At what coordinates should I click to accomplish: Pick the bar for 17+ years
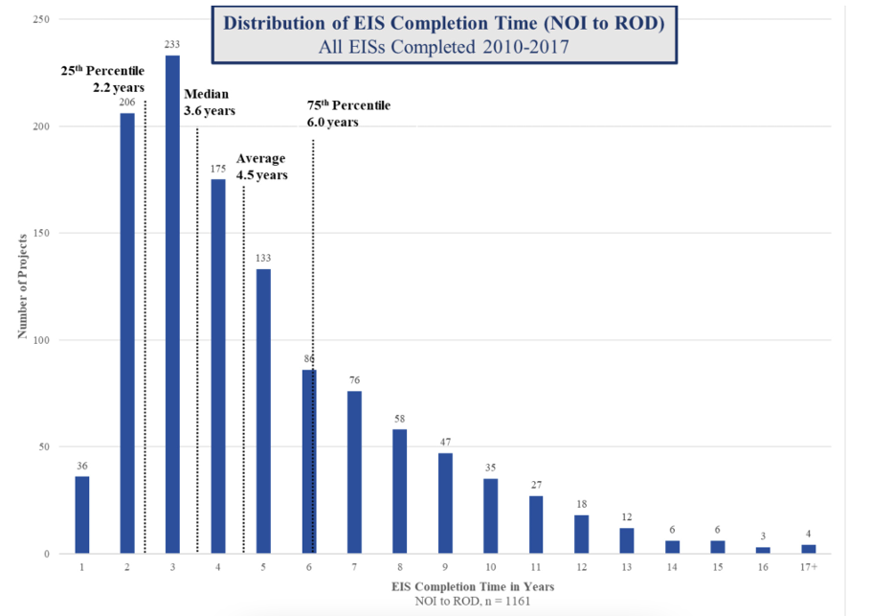tap(808, 549)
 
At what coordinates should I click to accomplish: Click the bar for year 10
tap(490, 516)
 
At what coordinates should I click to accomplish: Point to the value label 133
tap(263, 259)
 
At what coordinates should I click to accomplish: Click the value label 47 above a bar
tap(445, 443)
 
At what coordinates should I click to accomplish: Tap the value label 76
tap(354, 380)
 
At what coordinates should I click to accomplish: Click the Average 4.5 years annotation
tap(261, 167)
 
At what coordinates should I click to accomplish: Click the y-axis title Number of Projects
tap(20, 287)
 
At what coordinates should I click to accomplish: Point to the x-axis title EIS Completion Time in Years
tap(444, 586)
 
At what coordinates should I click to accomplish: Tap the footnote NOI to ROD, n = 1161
tap(444, 601)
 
